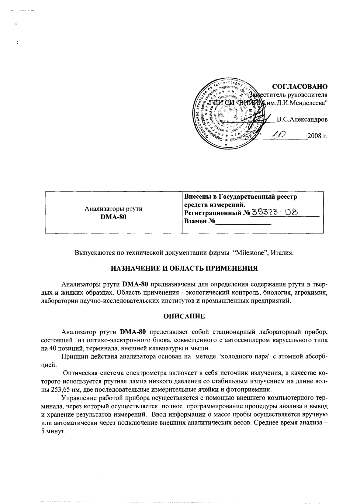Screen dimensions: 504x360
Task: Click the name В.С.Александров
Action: [x=302, y=119]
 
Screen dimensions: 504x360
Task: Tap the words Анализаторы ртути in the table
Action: [x=113, y=209]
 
